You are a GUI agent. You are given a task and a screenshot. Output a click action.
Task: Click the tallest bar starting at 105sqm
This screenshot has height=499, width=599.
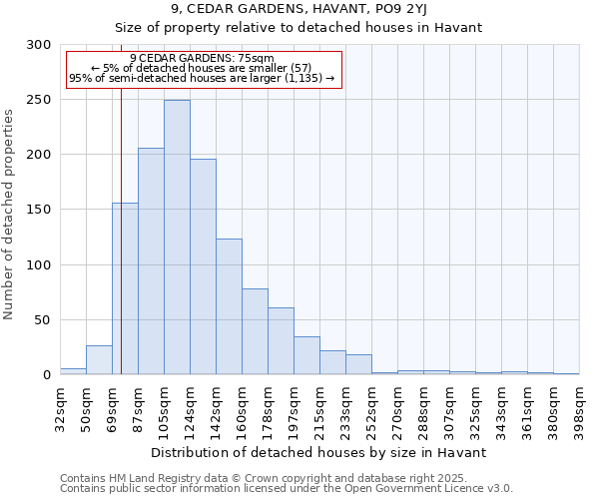pos(177,238)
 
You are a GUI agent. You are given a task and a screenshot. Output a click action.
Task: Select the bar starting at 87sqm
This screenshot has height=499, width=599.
pos(151,261)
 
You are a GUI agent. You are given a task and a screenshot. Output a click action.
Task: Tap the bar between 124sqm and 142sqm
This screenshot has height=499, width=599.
pos(203,266)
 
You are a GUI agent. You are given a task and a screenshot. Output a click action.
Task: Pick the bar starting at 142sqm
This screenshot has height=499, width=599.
pos(229,306)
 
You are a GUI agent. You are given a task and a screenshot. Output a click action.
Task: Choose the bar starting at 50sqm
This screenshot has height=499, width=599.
pos(99,360)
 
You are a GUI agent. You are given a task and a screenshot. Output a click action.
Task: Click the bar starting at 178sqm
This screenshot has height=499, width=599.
pos(281,341)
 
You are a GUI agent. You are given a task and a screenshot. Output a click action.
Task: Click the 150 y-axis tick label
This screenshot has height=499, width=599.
pos(39,211)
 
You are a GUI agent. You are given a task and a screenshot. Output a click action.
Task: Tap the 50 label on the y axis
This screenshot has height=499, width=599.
pos(43,320)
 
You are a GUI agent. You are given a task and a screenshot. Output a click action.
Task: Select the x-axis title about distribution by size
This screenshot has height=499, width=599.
pos(319,452)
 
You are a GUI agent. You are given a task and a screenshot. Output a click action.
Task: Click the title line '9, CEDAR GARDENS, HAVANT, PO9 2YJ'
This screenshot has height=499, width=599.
pos(299,9)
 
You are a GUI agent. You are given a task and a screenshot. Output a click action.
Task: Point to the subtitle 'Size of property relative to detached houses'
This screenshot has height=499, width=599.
pos(299,27)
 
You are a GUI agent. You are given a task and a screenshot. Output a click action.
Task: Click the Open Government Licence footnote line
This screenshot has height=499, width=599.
pos(287,488)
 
